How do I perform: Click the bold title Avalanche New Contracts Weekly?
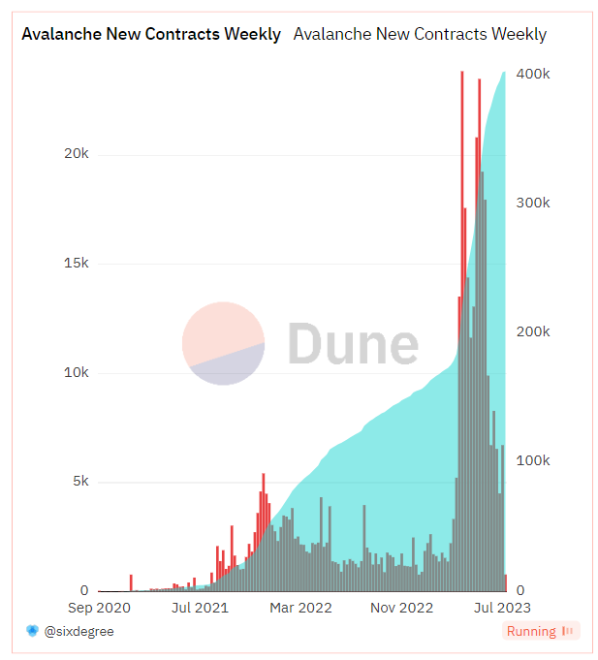coord(151,34)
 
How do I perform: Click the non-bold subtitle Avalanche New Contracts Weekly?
coord(420,34)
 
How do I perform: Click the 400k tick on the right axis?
coord(533,74)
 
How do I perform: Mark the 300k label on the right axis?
coord(533,203)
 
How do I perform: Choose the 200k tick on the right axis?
coord(533,331)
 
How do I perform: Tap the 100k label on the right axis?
coord(533,460)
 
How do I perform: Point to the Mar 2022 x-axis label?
coord(300,608)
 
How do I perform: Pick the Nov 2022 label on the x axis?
coord(401,608)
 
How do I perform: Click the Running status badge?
coord(541,631)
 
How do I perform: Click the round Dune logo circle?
coord(224,343)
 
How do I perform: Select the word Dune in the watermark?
coord(353,343)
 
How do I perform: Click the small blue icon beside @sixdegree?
coord(32,631)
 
